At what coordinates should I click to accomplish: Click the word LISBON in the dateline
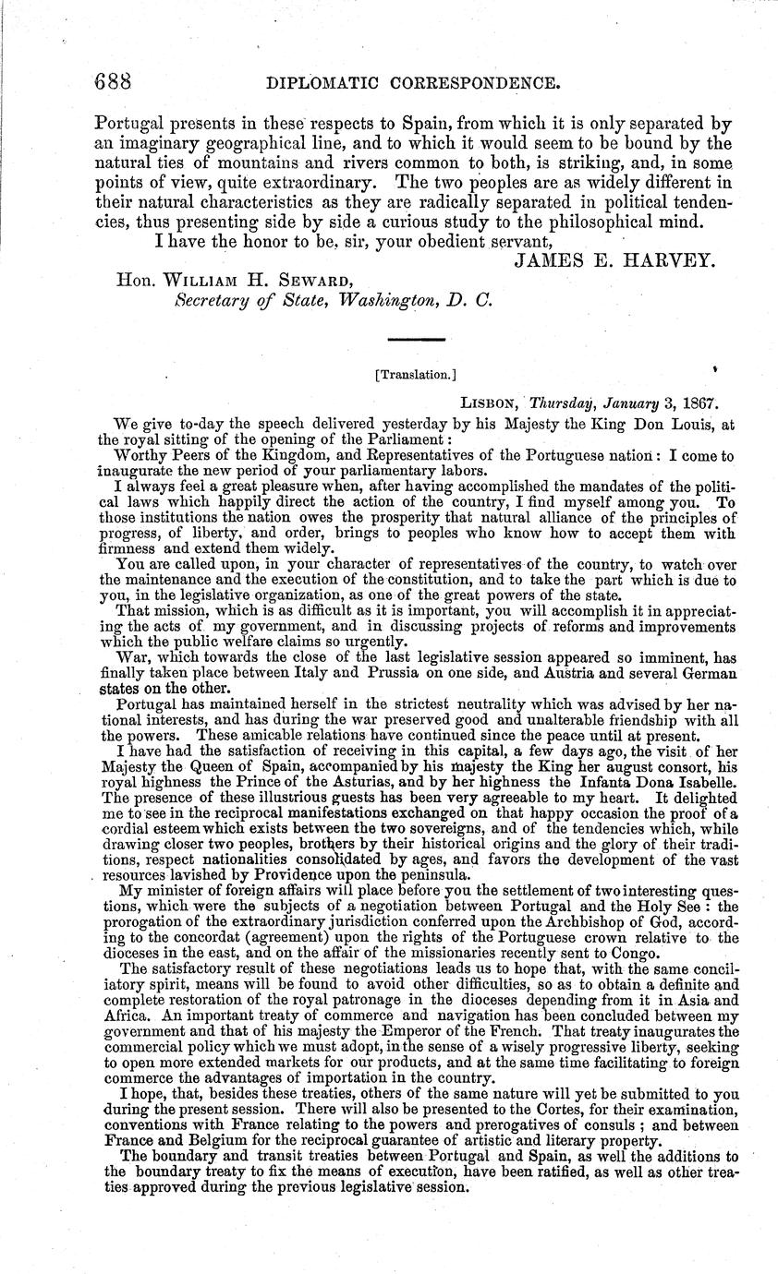[x=490, y=403]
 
